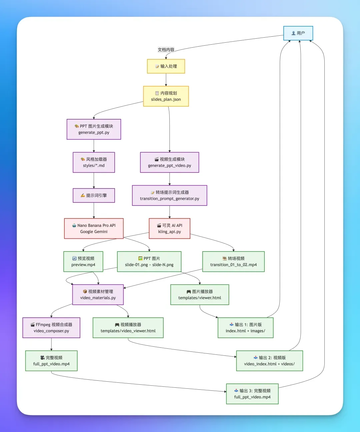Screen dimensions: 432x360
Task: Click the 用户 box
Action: pos(298,33)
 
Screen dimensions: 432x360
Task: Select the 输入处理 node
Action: pos(166,66)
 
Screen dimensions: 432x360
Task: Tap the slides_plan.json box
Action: pos(166,96)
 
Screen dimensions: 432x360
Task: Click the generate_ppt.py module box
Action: pos(94,129)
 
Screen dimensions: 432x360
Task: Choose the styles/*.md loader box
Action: pos(94,162)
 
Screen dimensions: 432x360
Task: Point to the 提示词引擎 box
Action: pos(94,196)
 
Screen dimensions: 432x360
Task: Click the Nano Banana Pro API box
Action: pos(94,228)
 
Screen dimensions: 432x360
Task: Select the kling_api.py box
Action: pos(169,228)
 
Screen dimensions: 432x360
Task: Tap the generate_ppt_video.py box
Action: pos(169,162)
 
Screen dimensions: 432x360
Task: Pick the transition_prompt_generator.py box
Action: pos(169,196)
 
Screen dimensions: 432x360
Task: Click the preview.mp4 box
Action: pos(83,261)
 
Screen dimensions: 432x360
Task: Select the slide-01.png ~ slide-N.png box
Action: pos(149,261)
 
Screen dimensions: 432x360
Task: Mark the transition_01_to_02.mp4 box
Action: pos(233,261)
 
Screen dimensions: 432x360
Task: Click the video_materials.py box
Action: pos(98,294)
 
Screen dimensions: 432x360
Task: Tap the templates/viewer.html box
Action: pos(200,294)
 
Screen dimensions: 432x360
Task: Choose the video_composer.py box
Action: pos(51,328)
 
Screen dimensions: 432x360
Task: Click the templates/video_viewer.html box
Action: pos(128,328)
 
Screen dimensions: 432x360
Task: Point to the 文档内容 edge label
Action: pos(166,50)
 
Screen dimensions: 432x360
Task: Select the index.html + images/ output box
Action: pos(245,328)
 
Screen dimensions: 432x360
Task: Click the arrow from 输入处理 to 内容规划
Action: pos(166,80)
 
